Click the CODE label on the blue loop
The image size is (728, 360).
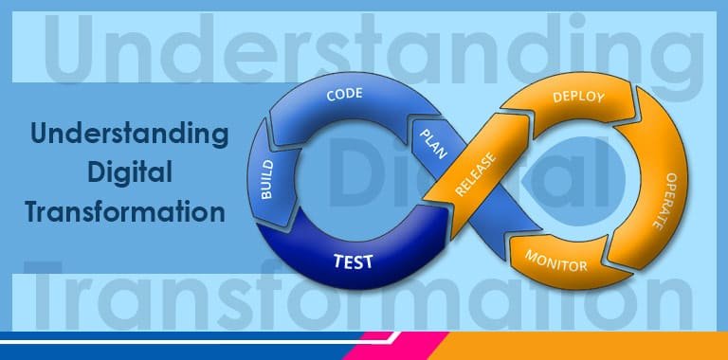coord(346,95)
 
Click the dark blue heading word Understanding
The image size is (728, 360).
coord(129,134)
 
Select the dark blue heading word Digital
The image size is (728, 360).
coord(129,172)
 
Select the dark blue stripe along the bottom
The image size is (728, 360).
coord(171,340)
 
